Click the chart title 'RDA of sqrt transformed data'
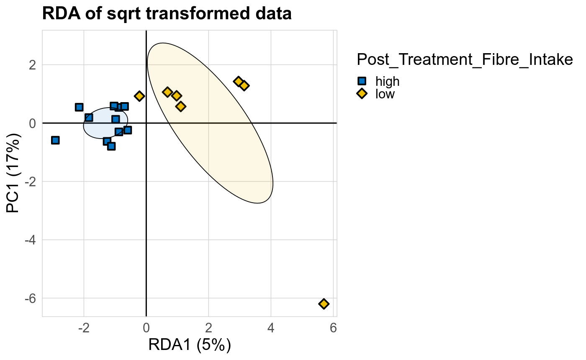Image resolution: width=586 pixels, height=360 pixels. point(167,14)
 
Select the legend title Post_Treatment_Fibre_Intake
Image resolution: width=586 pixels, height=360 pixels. point(465,60)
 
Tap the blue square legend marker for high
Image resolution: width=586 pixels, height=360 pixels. point(362,81)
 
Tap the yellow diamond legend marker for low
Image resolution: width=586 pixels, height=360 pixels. point(362,94)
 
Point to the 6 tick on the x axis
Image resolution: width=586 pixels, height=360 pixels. point(333,327)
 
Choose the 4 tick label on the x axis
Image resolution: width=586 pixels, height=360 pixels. point(271,327)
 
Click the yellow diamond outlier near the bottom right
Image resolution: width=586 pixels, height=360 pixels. point(324,303)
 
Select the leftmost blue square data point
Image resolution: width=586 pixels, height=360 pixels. point(55,140)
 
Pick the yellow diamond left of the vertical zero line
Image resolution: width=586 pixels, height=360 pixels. point(139,96)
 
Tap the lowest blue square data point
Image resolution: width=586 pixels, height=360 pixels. point(111,146)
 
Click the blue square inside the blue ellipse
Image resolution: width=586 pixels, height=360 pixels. point(116,119)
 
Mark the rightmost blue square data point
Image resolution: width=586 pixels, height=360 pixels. point(128,130)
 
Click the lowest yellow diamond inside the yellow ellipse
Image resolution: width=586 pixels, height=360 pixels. point(180,106)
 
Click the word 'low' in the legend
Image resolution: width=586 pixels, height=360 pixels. point(385,94)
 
